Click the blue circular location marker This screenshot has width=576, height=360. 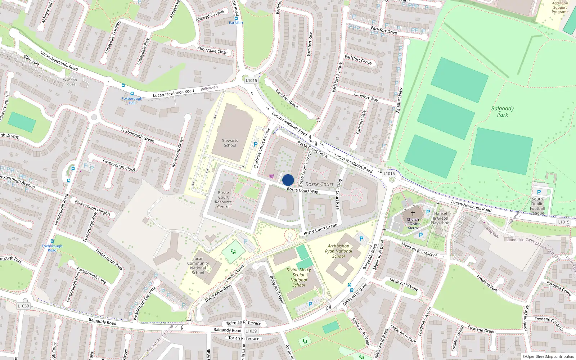(288, 180)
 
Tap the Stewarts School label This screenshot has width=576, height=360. (230, 143)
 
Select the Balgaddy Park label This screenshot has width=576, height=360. (503, 112)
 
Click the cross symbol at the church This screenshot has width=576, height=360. (413, 213)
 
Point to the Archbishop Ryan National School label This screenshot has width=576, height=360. (338, 251)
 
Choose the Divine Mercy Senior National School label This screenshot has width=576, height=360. (299, 277)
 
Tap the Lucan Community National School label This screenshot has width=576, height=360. (198, 266)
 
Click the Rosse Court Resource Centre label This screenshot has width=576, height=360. (223, 199)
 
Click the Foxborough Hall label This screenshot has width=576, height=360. (132, 100)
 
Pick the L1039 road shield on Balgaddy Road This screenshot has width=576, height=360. (23, 306)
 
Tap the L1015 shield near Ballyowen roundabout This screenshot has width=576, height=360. (251, 80)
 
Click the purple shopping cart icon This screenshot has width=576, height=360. (271, 176)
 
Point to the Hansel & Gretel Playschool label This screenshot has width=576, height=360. (441, 218)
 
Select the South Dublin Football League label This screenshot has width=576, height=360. (537, 206)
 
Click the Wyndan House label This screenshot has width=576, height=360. (70, 82)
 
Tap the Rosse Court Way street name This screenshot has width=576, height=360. (302, 190)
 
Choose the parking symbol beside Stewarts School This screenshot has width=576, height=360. (256, 144)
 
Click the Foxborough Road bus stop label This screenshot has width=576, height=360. (52, 248)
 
